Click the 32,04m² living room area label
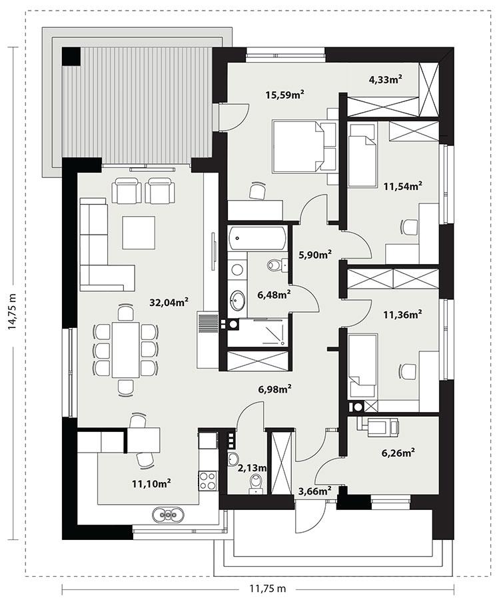pyautogui.click(x=168, y=302)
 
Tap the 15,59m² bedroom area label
pyautogui.click(x=284, y=95)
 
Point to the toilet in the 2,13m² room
pyautogui.click(x=254, y=483)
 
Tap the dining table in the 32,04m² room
pyautogui.click(x=126, y=349)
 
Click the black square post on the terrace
pyautogui.click(x=70, y=56)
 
